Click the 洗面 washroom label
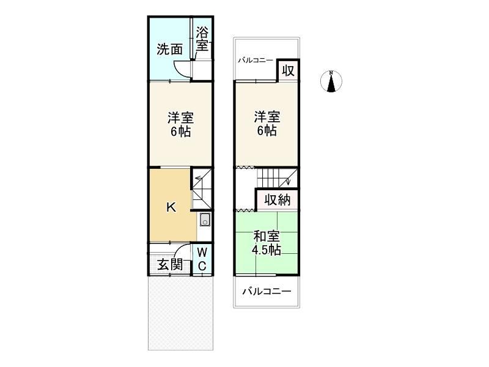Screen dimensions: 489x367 (170, 50)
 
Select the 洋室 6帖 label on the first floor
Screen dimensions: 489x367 (180, 125)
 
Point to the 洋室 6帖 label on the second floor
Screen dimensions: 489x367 (267, 124)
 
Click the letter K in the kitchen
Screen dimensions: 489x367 (171, 207)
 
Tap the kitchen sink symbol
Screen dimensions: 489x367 (205, 220)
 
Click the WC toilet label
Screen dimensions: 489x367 (202, 259)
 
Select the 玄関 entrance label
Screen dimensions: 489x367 (170, 265)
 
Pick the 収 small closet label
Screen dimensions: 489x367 (288, 71)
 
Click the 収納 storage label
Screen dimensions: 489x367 (278, 200)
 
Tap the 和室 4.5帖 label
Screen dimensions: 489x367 (267, 243)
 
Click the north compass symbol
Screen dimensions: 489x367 (331, 81)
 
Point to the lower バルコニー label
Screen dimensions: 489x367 (267, 292)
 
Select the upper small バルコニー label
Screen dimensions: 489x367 (256, 60)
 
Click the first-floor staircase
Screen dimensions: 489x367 (202, 188)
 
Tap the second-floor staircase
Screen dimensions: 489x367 (277, 178)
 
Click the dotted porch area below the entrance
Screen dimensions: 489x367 (181, 313)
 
